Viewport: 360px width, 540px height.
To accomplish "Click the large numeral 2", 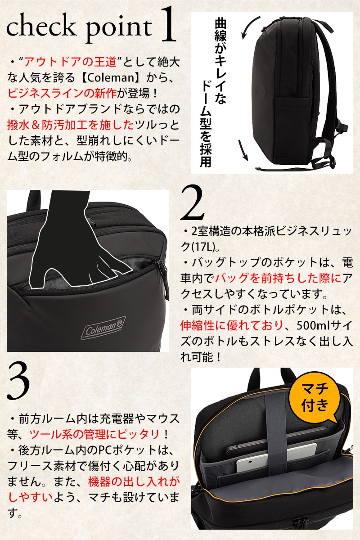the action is tap(192, 203).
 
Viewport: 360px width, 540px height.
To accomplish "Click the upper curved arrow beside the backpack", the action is tap(248, 26).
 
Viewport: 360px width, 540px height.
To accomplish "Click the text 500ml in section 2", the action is tap(311, 325).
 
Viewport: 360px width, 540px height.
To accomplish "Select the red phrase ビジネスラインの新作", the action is tap(62, 94).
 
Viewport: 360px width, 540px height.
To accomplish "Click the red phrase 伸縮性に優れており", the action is tap(232, 325).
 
